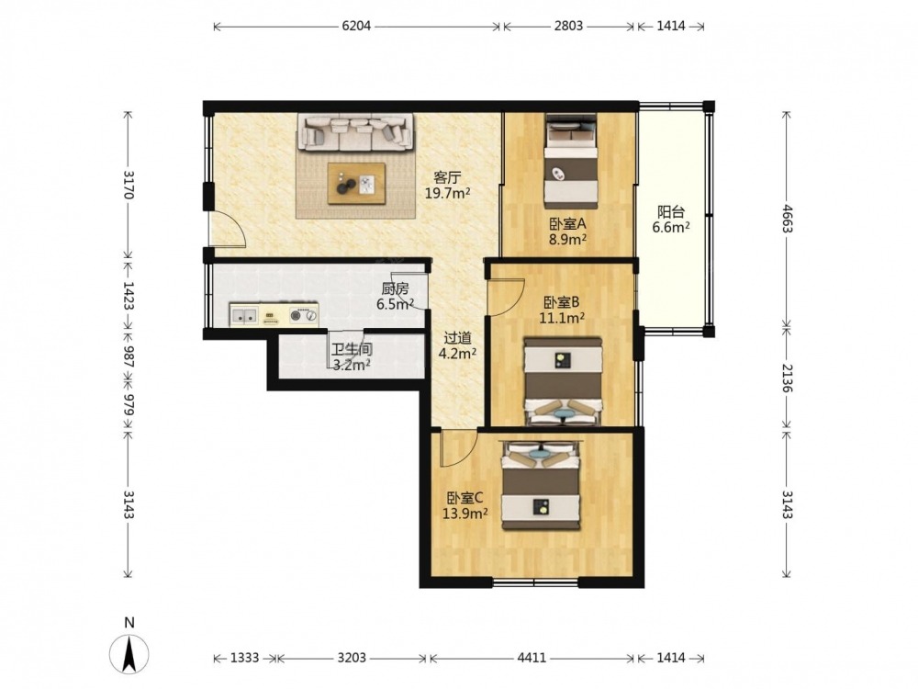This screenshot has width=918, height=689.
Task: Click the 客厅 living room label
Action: tap(447, 177)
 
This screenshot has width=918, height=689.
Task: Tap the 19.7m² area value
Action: tap(448, 193)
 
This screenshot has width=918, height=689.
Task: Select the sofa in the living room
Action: tap(354, 131)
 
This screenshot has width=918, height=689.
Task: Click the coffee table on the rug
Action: tap(356, 184)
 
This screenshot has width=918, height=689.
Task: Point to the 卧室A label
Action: tap(567, 224)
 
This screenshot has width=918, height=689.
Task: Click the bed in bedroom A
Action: tap(571, 161)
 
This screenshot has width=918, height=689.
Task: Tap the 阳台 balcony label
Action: tap(671, 211)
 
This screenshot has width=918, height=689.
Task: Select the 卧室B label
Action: tap(562, 302)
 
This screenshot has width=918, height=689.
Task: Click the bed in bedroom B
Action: tap(563, 381)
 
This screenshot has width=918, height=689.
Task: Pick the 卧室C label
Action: tap(465, 498)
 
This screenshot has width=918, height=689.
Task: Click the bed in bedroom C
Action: tap(542, 486)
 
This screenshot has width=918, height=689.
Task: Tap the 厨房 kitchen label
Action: tap(395, 288)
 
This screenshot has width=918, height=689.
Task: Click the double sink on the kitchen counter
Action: tap(243, 315)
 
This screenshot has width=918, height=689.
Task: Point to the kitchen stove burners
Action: tap(304, 316)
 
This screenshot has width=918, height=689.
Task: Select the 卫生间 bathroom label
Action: tap(352, 350)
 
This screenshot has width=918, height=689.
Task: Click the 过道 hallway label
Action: tap(458, 338)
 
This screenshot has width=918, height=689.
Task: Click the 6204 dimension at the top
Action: tap(356, 26)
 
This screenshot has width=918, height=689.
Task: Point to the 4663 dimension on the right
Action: tap(787, 219)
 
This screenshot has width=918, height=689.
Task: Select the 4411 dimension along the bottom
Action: tap(532, 658)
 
